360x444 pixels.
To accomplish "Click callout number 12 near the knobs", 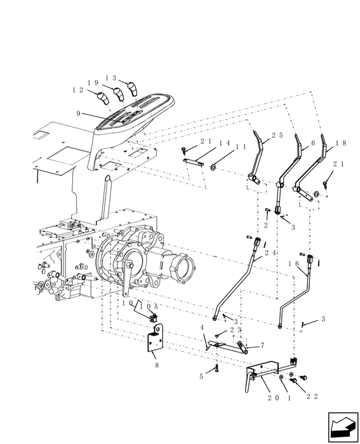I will [x=78, y=91].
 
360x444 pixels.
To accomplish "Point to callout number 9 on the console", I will [x=79, y=115].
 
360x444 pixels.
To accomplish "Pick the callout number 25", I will [x=259, y=136].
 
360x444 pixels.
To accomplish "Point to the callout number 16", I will [x=293, y=263].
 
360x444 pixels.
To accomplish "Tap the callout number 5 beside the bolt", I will [x=201, y=376].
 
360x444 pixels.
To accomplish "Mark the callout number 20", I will [x=273, y=397].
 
